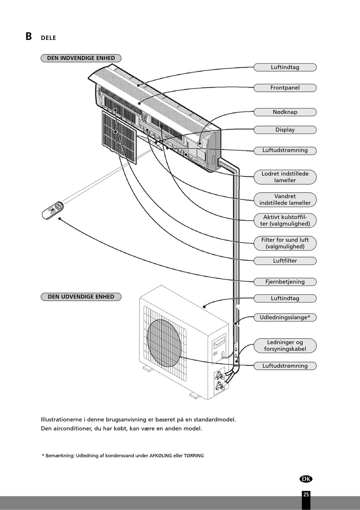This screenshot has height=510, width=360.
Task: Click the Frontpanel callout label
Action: (x=285, y=88)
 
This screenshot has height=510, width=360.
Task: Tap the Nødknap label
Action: (x=285, y=112)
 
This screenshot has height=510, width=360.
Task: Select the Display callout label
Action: (x=285, y=130)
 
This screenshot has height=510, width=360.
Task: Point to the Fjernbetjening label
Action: (x=285, y=282)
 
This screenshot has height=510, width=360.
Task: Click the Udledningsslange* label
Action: (x=285, y=317)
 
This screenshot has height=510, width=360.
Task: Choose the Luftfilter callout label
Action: (x=285, y=261)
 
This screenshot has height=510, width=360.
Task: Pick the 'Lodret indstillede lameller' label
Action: (x=285, y=177)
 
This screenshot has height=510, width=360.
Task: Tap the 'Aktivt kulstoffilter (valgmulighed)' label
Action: (x=285, y=220)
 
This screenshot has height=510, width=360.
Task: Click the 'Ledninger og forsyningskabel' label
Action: (x=285, y=345)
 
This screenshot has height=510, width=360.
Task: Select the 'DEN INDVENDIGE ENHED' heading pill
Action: (x=81, y=58)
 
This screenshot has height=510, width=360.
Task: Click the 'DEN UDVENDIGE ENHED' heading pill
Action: (x=81, y=297)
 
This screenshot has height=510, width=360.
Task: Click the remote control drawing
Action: (x=53, y=210)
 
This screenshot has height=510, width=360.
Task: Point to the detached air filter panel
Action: (x=119, y=137)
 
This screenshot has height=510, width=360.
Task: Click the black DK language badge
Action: (x=306, y=479)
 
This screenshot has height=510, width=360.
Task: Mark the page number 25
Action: (x=306, y=494)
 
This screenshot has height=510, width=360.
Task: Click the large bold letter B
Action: (x=29, y=36)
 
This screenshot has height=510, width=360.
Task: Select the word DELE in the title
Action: (x=49, y=38)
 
